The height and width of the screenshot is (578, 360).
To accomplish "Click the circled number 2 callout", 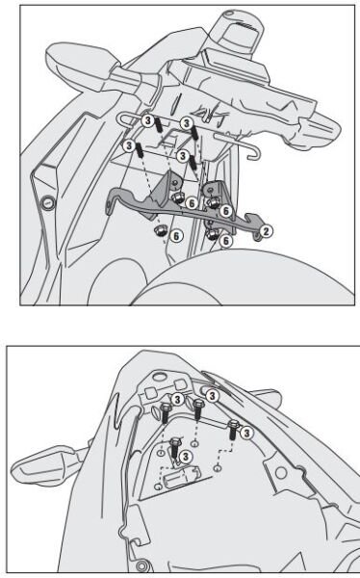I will pyautogui.click(x=267, y=230).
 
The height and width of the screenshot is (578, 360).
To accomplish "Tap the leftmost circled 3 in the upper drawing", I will pyautogui.click(x=128, y=145).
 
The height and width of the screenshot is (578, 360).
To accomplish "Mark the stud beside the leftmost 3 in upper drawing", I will pyautogui.click(x=141, y=153).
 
